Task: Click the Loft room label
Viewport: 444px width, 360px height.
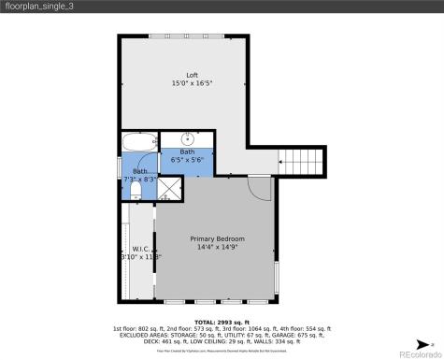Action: pyautogui.click(x=192, y=75)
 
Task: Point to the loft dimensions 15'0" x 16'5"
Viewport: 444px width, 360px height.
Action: pyautogui.click(x=192, y=83)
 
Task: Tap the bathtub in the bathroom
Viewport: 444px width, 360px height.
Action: pyautogui.click(x=139, y=142)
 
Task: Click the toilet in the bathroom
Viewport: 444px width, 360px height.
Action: pyautogui.click(x=136, y=191)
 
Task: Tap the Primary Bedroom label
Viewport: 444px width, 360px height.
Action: pyautogui.click(x=216, y=238)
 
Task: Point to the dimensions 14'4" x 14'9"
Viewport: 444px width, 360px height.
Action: pyautogui.click(x=216, y=247)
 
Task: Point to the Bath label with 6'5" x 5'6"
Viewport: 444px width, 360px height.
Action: pyautogui.click(x=188, y=151)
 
